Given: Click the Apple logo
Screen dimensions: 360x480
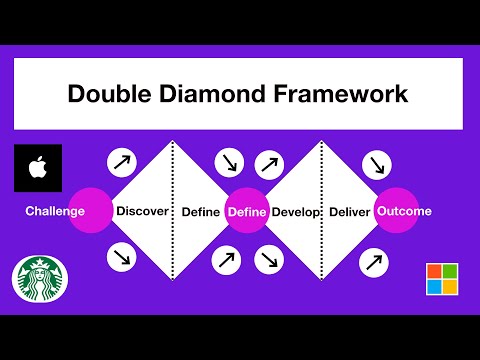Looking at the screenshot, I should [x=38, y=168].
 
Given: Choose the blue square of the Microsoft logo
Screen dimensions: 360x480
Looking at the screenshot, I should [x=433, y=288].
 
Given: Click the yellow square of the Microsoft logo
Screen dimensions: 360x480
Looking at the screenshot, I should [x=448, y=288].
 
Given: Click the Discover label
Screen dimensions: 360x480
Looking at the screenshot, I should [x=141, y=211].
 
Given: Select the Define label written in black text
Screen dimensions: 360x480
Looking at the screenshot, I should [x=200, y=212].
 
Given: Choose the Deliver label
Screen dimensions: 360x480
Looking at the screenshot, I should [x=349, y=212].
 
